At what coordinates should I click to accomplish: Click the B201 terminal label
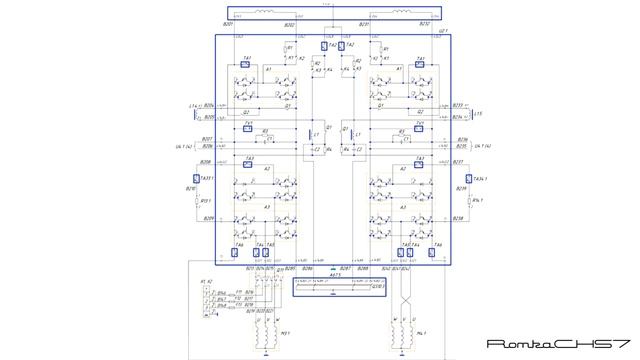pos(227,24)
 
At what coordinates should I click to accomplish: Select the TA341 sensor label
pos(462,178)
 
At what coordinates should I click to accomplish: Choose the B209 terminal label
pos(208,217)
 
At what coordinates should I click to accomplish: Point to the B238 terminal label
pos(459,217)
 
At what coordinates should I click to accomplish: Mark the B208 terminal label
pos(207,161)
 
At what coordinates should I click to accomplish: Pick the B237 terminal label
pos(459,161)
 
